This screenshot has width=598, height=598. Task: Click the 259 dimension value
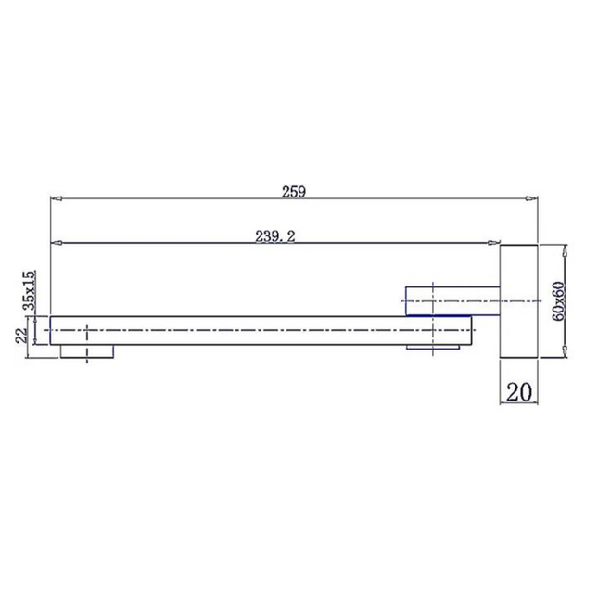click(x=294, y=191)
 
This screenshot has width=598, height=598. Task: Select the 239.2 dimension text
click(x=275, y=236)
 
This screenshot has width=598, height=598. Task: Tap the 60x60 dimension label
click(x=558, y=301)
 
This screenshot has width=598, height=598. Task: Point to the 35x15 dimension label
click(x=30, y=290)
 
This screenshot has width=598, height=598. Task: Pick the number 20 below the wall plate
click(x=518, y=391)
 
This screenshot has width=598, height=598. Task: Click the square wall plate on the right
click(x=518, y=301)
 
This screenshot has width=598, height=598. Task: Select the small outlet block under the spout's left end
click(x=87, y=351)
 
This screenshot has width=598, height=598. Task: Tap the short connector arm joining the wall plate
click(x=452, y=301)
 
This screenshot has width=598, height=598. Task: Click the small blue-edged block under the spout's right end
click(x=432, y=347)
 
